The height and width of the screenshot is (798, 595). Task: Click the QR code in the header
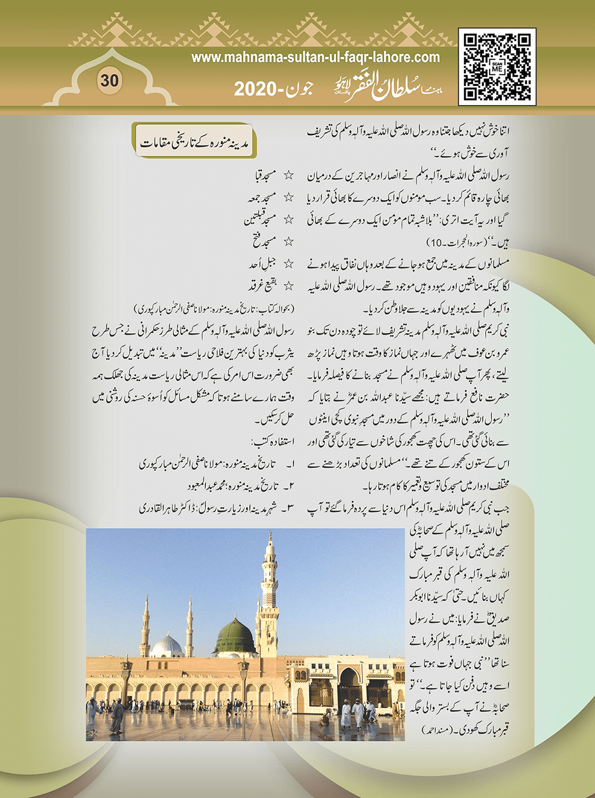[x=497, y=67]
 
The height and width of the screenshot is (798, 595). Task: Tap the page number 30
[x=109, y=81]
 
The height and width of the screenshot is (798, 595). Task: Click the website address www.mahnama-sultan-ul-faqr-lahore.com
[x=315, y=57]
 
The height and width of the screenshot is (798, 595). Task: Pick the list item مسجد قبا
[x=262, y=175]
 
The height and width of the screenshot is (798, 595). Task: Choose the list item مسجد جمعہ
[x=262, y=197]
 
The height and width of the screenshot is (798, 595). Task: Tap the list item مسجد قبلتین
[x=259, y=219]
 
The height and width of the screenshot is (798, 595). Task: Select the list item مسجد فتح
[x=264, y=241]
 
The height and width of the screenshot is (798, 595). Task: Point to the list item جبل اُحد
[x=263, y=264]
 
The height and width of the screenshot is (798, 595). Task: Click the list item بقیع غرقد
[x=263, y=286]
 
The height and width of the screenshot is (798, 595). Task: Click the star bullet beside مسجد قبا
[x=288, y=175]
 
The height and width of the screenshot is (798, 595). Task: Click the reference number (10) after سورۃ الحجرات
[x=434, y=242]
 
